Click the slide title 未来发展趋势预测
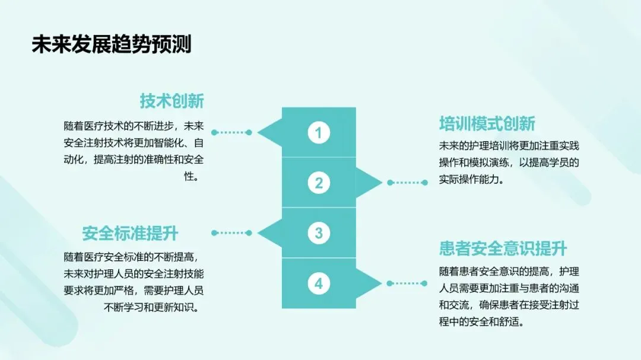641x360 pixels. [x=112, y=44]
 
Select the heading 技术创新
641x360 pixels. [x=172, y=101]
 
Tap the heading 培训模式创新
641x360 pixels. [x=487, y=123]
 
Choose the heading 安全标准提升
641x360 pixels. [x=130, y=232]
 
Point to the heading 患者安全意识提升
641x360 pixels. [x=503, y=249]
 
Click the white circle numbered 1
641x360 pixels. [x=319, y=133]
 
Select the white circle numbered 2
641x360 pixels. [x=319, y=183]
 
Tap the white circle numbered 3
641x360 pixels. [x=319, y=233]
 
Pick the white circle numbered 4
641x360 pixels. [x=319, y=283]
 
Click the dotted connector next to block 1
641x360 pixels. [x=231, y=133]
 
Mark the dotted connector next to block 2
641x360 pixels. [x=407, y=183]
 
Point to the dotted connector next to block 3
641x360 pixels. [x=231, y=233]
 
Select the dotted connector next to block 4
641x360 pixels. [x=407, y=283]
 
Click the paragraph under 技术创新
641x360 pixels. [x=134, y=151]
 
